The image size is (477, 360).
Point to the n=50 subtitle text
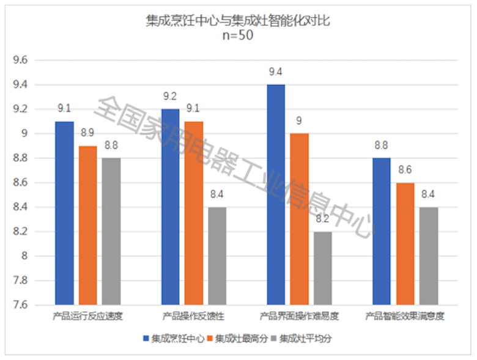click(x=238, y=35)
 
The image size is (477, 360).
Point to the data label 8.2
click(x=323, y=219)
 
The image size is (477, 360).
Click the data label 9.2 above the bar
click(x=170, y=97)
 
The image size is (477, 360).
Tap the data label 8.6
click(x=405, y=170)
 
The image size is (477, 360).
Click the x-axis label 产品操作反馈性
click(x=193, y=317)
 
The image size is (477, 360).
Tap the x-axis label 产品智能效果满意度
click(x=405, y=317)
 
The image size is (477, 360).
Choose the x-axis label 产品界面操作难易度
click(x=299, y=317)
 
